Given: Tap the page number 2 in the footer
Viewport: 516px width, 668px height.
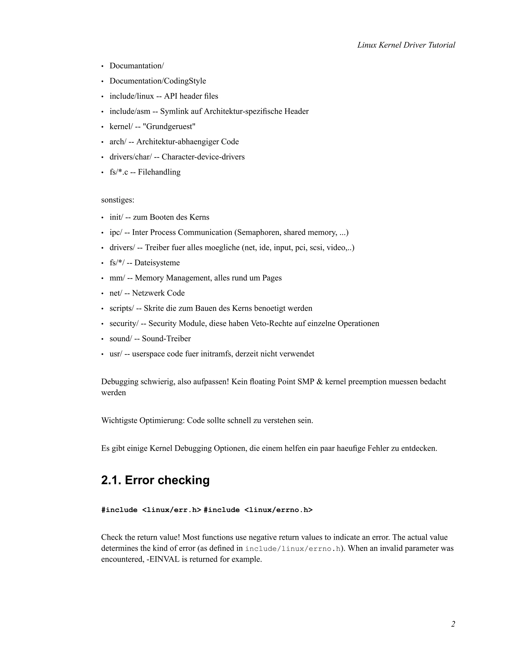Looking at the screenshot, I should (x=453, y=624).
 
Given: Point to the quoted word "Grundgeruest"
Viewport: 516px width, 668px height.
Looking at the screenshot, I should (x=169, y=126).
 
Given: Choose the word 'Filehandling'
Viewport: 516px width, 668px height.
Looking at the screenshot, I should (x=159, y=172).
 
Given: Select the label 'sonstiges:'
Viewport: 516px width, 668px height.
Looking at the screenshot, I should (x=118, y=200).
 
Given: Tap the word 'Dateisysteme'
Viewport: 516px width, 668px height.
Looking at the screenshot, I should (x=157, y=263).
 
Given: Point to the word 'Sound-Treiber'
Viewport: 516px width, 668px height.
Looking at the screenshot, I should (x=166, y=339).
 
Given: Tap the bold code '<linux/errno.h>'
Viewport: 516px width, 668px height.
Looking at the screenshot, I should (x=278, y=510).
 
